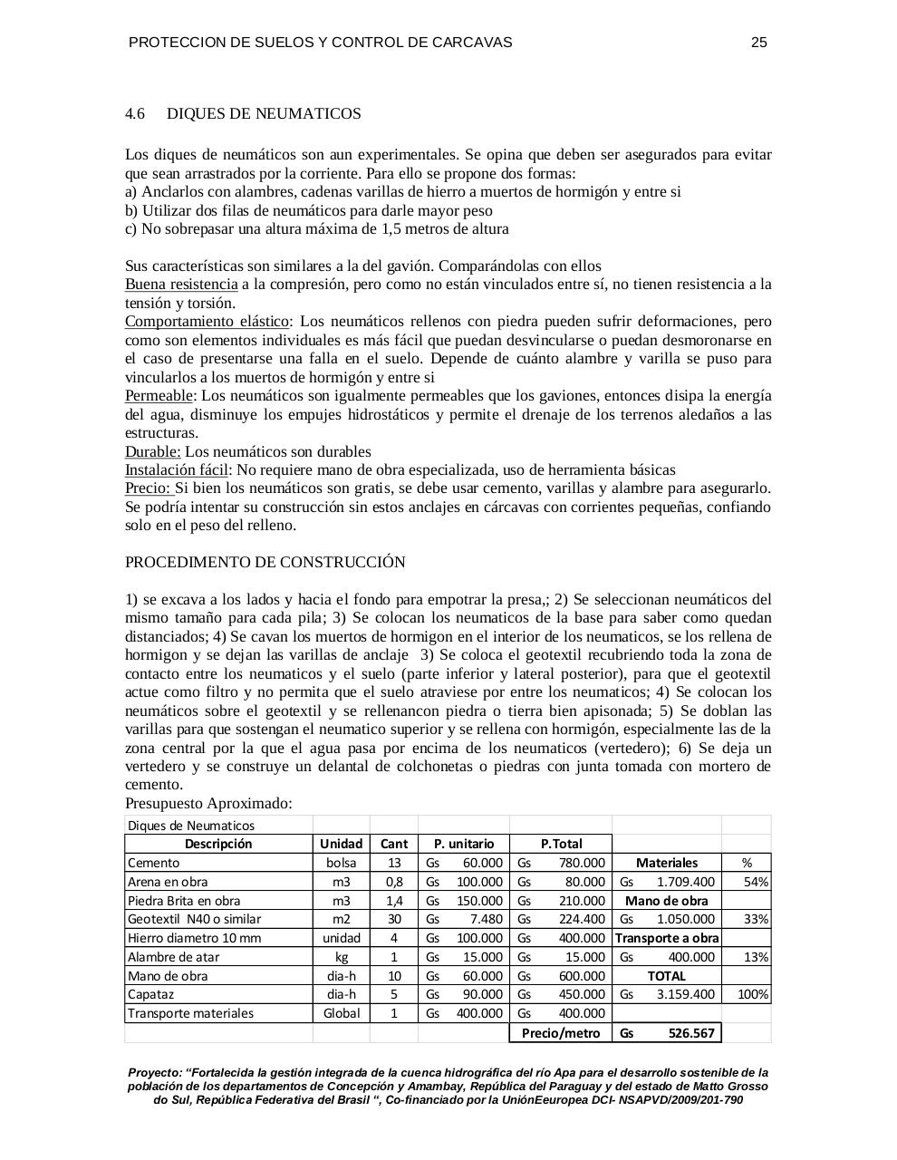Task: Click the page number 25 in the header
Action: pyautogui.click(x=758, y=43)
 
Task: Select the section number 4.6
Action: pyautogui.click(x=135, y=113)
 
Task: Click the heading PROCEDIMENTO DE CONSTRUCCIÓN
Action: pyautogui.click(x=265, y=562)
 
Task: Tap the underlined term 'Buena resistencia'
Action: pyautogui.click(x=181, y=285)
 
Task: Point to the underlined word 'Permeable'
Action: pyautogui.click(x=159, y=396)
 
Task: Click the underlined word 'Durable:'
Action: pyautogui.click(x=152, y=451)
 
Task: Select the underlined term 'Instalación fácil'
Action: pyautogui.click(x=176, y=470)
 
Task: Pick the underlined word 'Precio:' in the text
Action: pyautogui.click(x=148, y=488)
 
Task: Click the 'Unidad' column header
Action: pyautogui.click(x=341, y=844)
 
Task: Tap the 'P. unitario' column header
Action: pyautogui.click(x=463, y=844)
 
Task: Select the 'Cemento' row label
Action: pyautogui.click(x=154, y=863)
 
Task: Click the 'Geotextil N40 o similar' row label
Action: pyautogui.click(x=194, y=919)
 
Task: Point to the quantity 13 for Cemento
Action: pyautogui.click(x=393, y=863)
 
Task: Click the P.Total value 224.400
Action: pyautogui.click(x=581, y=919)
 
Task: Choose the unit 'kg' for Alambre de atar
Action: pyautogui.click(x=341, y=957)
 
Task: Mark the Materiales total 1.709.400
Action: pyautogui.click(x=685, y=882)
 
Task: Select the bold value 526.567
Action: pyautogui.click(x=690, y=1033)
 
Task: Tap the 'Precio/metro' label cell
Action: pyautogui.click(x=561, y=1033)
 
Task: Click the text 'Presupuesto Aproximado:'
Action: pyautogui.click(x=208, y=804)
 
